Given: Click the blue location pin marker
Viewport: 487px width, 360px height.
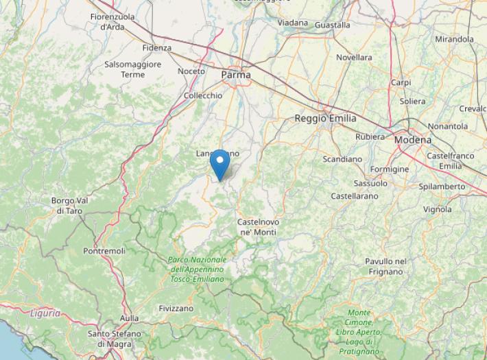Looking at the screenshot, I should [219, 165].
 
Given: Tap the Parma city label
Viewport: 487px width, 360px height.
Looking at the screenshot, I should [236, 74].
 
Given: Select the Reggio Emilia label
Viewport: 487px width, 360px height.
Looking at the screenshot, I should [325, 119].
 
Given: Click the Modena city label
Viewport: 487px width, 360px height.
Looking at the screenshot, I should [413, 140].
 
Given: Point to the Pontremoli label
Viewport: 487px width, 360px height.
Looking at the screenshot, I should [104, 252].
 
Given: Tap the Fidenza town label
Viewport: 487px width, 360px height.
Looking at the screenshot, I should [157, 48].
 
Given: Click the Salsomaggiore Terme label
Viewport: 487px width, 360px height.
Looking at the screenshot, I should [133, 69].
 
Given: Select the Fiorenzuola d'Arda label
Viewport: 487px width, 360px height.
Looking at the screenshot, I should [112, 21].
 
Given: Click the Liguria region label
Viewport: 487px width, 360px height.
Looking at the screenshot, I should [45, 313].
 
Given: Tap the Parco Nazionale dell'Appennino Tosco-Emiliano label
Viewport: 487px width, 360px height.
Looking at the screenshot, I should [198, 269].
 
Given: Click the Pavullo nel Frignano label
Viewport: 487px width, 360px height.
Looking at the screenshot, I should [385, 266].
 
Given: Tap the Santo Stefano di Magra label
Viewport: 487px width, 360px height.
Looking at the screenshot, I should [115, 338].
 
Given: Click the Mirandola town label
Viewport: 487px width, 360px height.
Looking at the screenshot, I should [454, 39].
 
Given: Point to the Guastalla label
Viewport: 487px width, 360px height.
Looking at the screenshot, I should [332, 25].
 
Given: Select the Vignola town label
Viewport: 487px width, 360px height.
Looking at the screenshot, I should [438, 209].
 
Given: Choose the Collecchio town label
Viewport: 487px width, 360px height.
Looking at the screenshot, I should [203, 96].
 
